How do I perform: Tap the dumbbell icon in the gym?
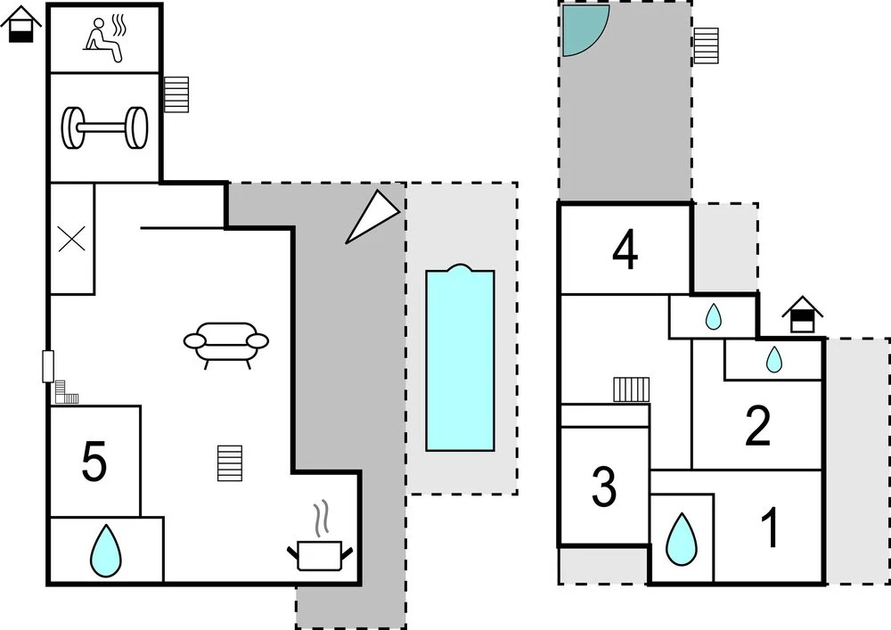pos(104,127)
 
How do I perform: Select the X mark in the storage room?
pos(72,239)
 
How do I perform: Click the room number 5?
pos(94,462)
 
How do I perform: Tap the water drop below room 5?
pos(106,551)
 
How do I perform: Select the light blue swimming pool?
pos(461,358)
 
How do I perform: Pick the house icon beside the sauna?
pos(21,24)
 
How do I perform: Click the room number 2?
pos(757,426)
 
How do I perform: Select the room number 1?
pos(770,528)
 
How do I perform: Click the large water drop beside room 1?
pos(681,539)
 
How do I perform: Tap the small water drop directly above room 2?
pos(774,359)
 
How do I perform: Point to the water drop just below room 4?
pos(713,316)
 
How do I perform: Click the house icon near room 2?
pos(803,315)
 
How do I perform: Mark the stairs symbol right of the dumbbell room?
pos(176,94)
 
